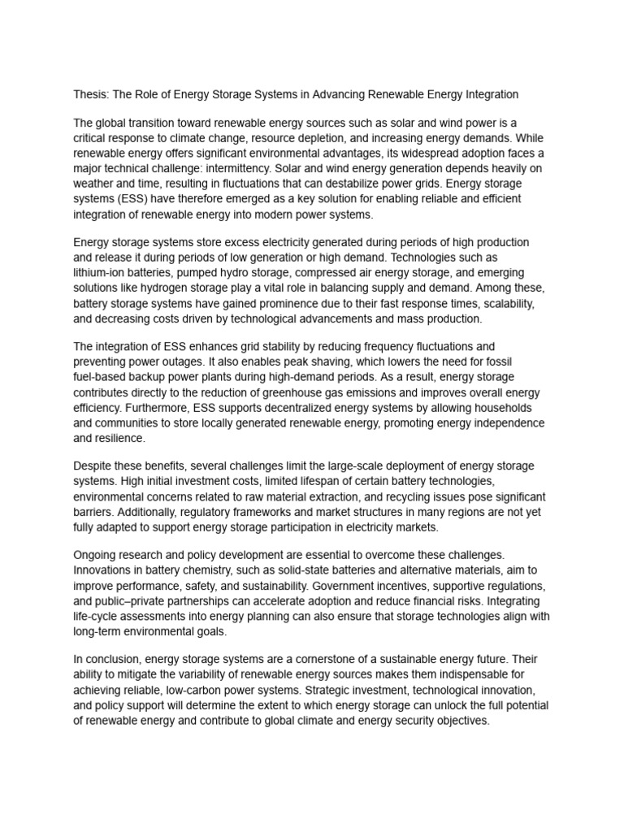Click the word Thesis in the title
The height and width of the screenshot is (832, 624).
pyautogui.click(x=90, y=94)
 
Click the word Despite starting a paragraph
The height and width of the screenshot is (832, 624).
pyautogui.click(x=94, y=466)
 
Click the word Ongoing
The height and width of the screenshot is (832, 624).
pyautogui.click(x=97, y=554)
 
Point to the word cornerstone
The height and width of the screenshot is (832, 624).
pyautogui.click(x=331, y=659)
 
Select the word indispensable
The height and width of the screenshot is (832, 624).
pyautogui.click(x=458, y=674)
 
